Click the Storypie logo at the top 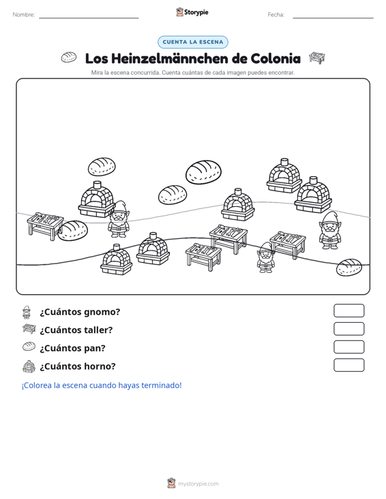pos(192,12)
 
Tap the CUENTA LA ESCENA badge pos(193,42)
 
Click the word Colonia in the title pos(276,59)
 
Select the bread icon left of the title pos(69,57)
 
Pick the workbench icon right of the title pos(317,58)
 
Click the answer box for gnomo pos(348,310)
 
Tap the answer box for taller pos(348,329)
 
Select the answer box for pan pos(348,347)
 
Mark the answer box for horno pos(348,365)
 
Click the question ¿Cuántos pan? pos(72,348)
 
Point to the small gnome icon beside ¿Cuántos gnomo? pos(27,312)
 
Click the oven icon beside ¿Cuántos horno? pos(29,366)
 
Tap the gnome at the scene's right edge pos(329,230)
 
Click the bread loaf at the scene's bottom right pos(349,268)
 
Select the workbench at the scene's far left pos(45,225)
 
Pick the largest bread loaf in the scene pos(203,172)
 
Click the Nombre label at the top pos(24,15)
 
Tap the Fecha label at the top pos(276,15)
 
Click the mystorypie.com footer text pos(198,484)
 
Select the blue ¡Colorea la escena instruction pos(102,385)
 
